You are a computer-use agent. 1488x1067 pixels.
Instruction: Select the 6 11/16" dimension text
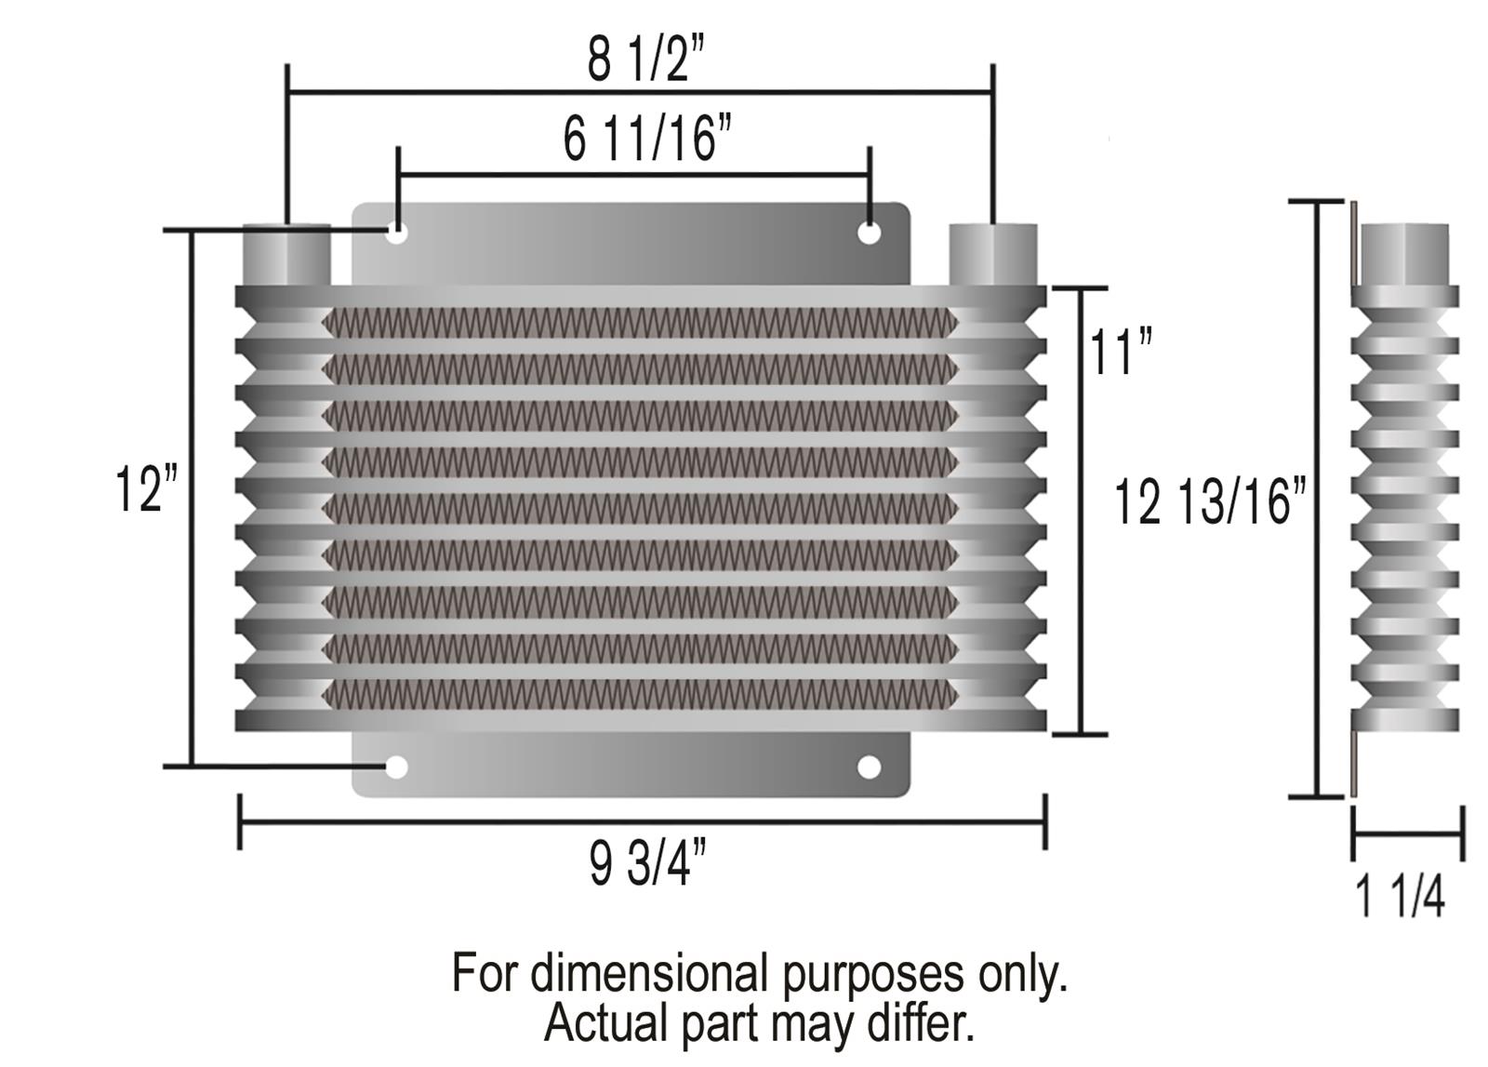tap(647, 140)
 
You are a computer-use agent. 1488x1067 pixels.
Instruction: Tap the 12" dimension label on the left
tap(145, 489)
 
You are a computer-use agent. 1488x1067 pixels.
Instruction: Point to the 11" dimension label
tap(1119, 353)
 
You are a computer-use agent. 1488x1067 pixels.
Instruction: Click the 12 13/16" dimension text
tap(1210, 503)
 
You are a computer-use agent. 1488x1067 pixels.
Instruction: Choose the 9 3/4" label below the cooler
tap(647, 862)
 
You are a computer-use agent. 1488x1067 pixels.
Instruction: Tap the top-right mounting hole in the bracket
tap(869, 233)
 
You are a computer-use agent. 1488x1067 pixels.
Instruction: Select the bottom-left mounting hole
tap(396, 767)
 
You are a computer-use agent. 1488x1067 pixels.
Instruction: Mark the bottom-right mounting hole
tap(869, 767)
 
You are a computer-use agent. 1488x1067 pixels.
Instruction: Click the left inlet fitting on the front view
tap(286, 254)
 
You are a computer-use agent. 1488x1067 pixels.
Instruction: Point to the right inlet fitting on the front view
tap(992, 254)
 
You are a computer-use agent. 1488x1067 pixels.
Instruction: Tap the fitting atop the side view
tap(1403, 253)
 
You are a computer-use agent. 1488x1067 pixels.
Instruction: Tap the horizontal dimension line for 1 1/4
tap(1407, 834)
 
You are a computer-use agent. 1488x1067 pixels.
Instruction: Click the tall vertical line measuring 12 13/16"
tap(1318, 499)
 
